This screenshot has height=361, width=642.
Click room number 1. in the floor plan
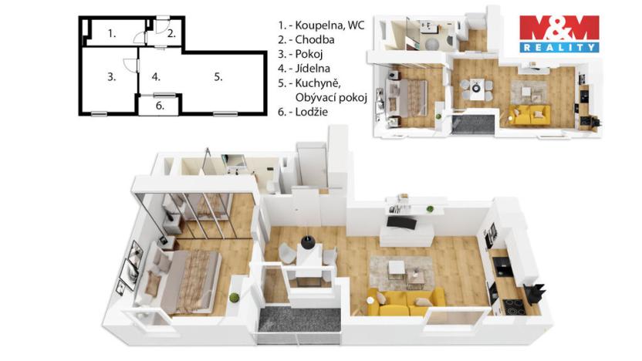[113, 32]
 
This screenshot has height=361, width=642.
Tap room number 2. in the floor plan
[171, 33]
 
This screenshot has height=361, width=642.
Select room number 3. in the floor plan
[112, 76]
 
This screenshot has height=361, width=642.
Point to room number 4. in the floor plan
[156, 77]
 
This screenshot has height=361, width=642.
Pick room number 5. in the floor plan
[218, 76]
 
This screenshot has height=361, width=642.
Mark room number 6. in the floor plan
[160, 106]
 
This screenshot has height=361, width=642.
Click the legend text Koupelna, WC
[332, 25]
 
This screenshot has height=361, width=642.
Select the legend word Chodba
[316, 39]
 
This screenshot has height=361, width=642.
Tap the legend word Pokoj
[313, 54]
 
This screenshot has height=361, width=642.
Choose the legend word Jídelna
[316, 69]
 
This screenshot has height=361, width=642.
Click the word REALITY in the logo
[559, 47]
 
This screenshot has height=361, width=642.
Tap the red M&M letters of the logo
[559, 28]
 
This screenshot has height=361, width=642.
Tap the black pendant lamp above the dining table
[309, 241]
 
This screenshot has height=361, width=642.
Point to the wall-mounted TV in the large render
[401, 222]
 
